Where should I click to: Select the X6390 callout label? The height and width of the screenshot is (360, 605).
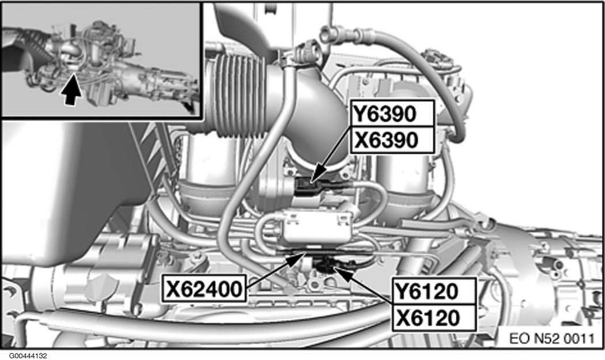tap(392, 139)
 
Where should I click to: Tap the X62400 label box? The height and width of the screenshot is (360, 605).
tap(204, 288)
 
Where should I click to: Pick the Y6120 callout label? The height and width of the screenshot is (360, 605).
tap(434, 291)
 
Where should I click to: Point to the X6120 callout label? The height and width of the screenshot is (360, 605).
tap(434, 317)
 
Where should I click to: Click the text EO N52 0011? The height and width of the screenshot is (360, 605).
tap(552, 338)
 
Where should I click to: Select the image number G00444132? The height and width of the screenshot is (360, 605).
tap(29, 356)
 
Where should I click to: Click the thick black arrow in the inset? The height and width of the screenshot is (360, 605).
tap(70, 89)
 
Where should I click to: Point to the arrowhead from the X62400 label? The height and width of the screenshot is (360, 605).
tap(300, 257)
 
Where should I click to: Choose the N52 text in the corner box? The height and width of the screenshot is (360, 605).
tap(547, 338)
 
